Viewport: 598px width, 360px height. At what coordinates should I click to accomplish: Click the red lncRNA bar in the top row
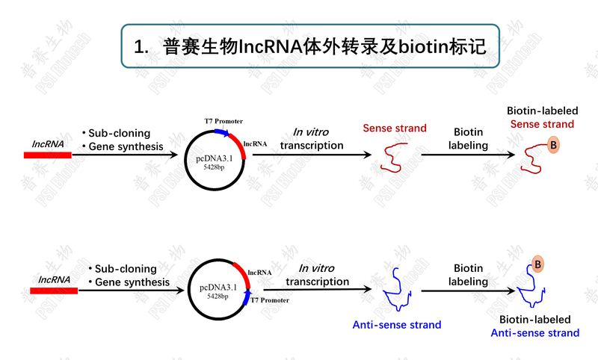coord(48,155)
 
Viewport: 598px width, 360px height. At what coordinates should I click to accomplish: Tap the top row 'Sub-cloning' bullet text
coord(120,133)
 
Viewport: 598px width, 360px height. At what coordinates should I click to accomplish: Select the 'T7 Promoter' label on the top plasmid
coord(224,121)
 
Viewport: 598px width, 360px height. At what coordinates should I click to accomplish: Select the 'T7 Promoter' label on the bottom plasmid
coord(270,300)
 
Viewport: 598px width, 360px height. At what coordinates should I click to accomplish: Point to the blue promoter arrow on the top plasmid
coord(221,132)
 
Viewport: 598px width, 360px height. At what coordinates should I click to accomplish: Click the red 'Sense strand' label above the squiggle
coord(395,128)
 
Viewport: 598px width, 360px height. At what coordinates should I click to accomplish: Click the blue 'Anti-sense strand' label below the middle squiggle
coord(397,325)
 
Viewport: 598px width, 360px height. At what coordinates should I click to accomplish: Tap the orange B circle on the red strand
coord(553,146)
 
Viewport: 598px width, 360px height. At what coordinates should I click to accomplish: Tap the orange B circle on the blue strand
coord(538,263)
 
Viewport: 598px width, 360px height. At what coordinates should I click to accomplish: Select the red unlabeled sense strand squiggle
coord(390,158)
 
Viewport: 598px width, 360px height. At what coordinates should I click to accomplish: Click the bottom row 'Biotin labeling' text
coord(469,275)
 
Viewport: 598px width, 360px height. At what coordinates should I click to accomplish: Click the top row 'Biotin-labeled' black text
coord(542,111)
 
